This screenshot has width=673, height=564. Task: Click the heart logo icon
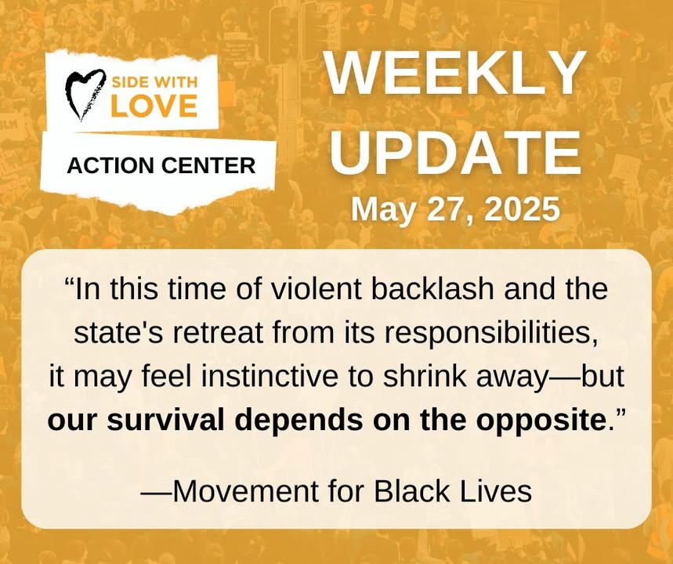pyautogui.click(x=85, y=95)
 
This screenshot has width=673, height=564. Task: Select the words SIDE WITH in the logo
pyautogui.click(x=154, y=82)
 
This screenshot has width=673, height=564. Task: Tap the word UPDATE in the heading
pyautogui.click(x=455, y=151)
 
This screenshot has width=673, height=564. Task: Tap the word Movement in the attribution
pyautogui.click(x=246, y=491)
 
